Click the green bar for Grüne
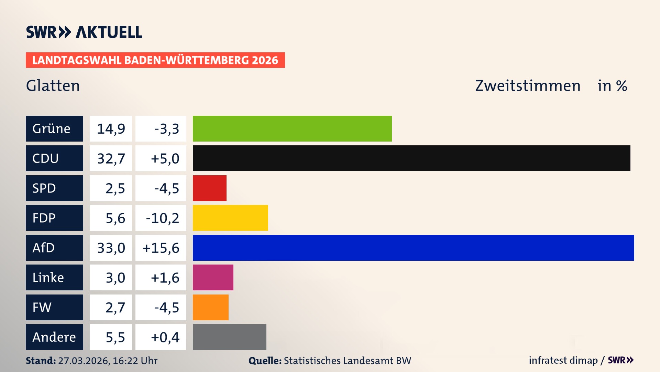point(292,128)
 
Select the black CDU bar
point(411,158)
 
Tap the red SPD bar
point(209,188)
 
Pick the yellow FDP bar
point(230,218)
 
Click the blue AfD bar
point(413,248)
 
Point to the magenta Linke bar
point(213,278)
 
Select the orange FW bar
point(210,307)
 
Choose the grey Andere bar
point(229,337)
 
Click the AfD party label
point(54,248)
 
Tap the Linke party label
point(54,278)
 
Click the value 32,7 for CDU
point(111,158)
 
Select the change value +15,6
point(161,248)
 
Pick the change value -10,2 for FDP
point(162,218)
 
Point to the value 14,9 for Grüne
point(111,128)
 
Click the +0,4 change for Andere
point(165,337)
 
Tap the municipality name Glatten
point(53,86)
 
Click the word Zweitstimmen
point(528,86)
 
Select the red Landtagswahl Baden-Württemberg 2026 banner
point(155,60)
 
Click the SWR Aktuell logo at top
point(84,32)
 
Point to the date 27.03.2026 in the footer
point(84,361)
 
